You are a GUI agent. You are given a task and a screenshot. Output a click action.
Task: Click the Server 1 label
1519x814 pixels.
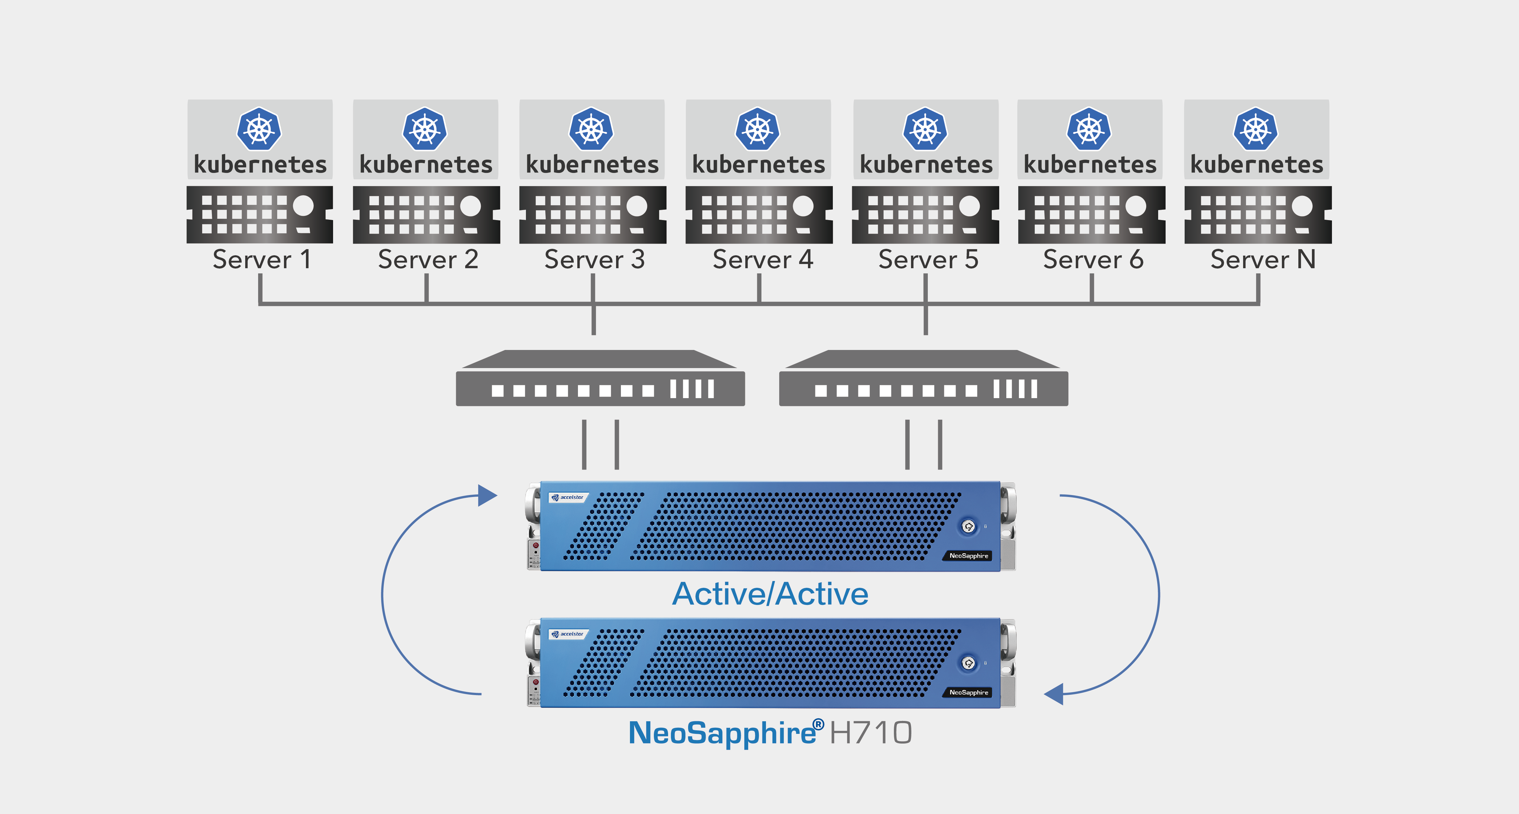[x=261, y=259]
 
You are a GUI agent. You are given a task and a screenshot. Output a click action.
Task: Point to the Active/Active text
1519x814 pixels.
[x=770, y=594]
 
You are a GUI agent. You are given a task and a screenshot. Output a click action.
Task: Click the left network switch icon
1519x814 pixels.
[x=600, y=379]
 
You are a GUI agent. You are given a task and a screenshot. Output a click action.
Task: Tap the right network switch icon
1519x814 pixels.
[x=923, y=379]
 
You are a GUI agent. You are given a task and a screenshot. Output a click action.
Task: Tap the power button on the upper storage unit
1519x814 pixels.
[x=968, y=526]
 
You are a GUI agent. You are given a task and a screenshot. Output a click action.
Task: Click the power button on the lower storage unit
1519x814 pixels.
[x=968, y=663]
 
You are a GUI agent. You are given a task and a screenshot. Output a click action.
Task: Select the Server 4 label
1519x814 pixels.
[x=762, y=259]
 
